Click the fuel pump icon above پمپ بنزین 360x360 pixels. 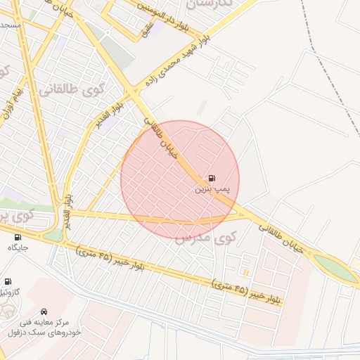click(x=212, y=178)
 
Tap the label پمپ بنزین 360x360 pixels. click(x=212, y=189)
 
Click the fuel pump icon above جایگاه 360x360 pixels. click(x=18, y=237)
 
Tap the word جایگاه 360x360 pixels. click(x=18, y=247)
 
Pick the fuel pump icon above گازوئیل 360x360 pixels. click(x=8, y=281)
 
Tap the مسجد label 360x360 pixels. click(x=10, y=25)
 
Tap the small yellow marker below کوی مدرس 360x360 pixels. click(x=245, y=271)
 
